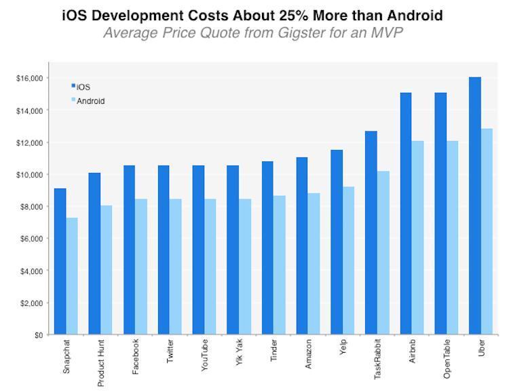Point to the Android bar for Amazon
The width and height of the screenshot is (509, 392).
[x=314, y=264]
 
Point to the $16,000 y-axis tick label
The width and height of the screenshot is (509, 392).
[x=29, y=79]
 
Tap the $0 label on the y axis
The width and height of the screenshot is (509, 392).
[x=37, y=335]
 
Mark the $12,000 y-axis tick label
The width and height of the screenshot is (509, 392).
[x=29, y=142]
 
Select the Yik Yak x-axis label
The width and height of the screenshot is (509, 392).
[x=238, y=353]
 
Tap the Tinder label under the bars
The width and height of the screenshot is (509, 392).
[x=274, y=351]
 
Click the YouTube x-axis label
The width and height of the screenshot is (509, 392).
[x=204, y=354]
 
